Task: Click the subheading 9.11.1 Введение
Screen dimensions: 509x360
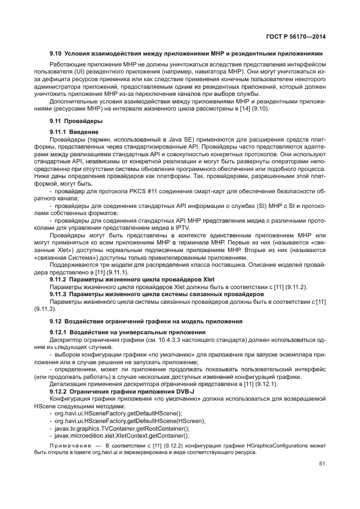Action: (74, 132)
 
